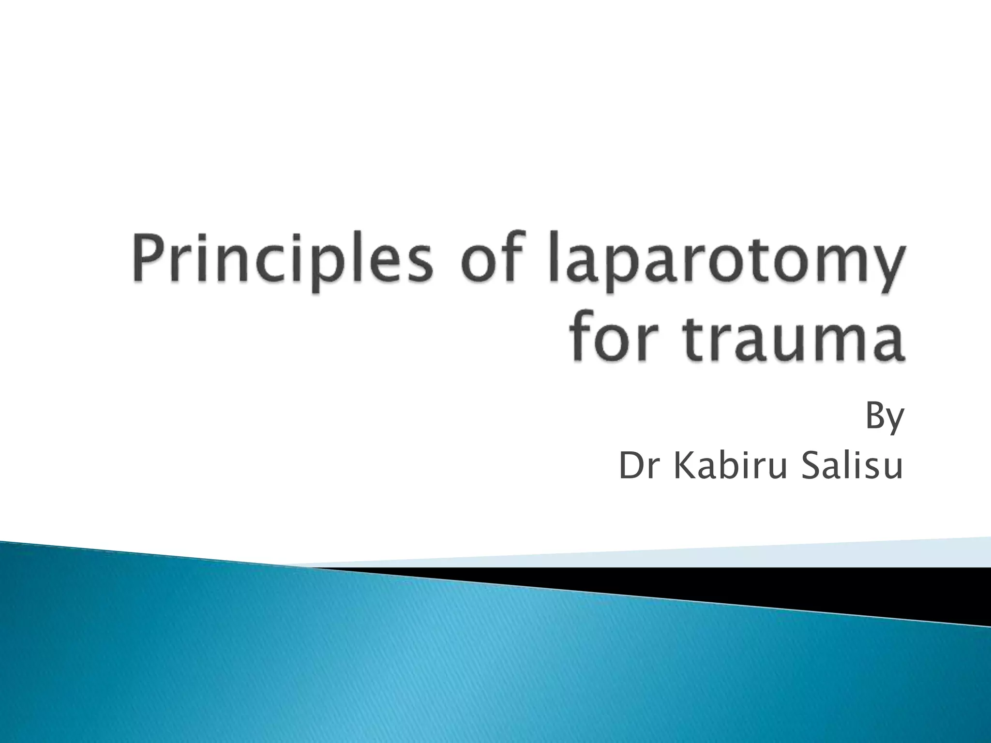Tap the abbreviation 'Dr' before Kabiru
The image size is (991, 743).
[x=640, y=468]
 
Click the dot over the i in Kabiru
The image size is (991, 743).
[x=750, y=453]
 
